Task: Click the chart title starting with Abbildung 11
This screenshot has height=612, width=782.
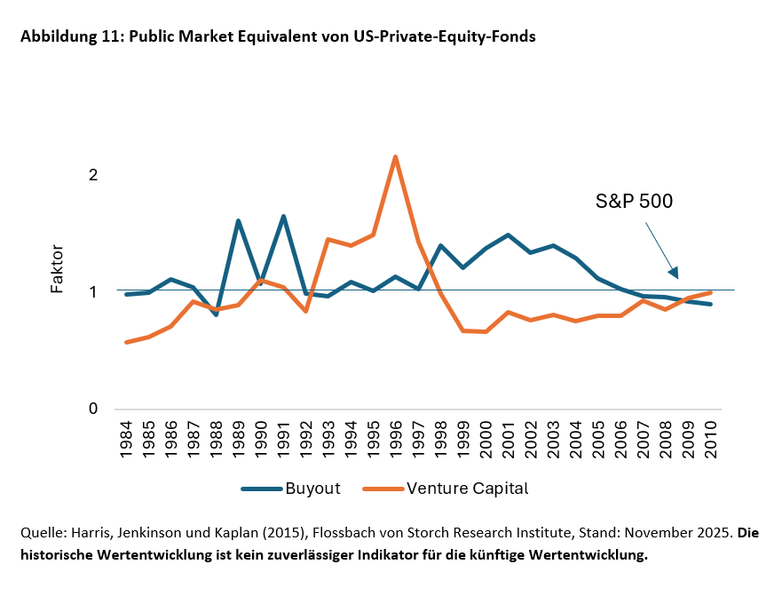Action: click(278, 37)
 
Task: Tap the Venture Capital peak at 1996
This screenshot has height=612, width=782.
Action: click(395, 157)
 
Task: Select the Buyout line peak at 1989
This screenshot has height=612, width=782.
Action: click(238, 221)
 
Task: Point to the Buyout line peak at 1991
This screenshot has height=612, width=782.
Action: click(283, 217)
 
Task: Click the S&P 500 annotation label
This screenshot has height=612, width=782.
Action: click(634, 202)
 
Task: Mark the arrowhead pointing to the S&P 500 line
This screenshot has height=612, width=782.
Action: click(673, 273)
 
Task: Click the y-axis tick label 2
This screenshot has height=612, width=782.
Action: click(92, 175)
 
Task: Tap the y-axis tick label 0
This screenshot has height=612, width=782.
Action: click(92, 409)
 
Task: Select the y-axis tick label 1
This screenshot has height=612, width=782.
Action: click(92, 292)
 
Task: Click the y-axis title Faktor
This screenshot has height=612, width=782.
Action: click(57, 269)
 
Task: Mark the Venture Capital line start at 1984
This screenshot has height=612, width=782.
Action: click(126, 342)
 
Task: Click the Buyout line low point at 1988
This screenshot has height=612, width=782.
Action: click(216, 314)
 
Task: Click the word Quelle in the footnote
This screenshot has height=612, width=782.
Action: click(41, 533)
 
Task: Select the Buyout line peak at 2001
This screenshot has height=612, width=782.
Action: click(508, 235)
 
